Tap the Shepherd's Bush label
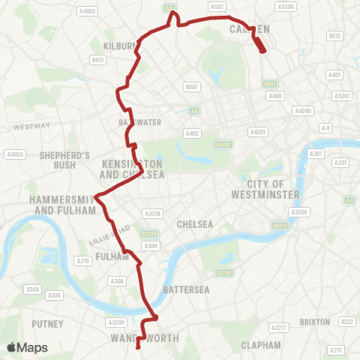(x=65, y=160)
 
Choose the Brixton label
(x=314, y=322)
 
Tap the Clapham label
(x=261, y=345)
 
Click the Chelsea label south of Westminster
(x=196, y=224)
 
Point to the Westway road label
(x=31, y=125)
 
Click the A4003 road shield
(x=88, y=11)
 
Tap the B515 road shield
(x=334, y=35)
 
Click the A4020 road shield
(x=14, y=154)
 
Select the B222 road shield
(x=346, y=322)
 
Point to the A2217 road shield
(x=279, y=328)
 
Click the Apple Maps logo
(x=26, y=347)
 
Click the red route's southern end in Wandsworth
(x=138, y=346)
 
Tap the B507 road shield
(x=192, y=87)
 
